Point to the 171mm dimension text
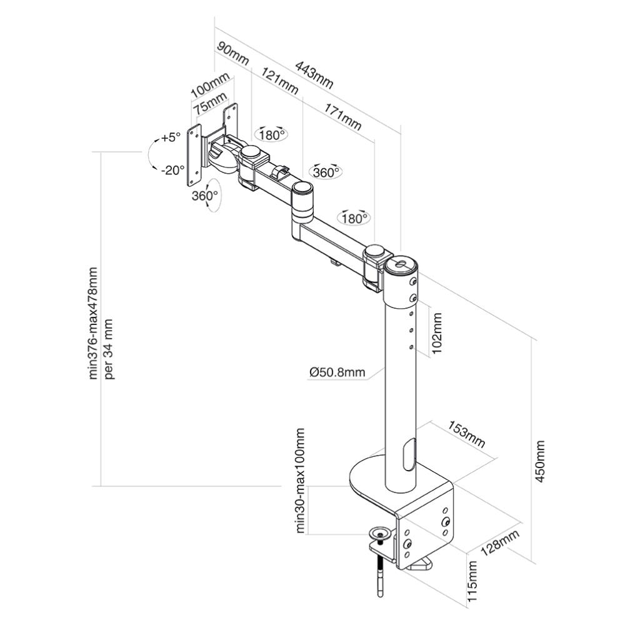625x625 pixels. pos(342,116)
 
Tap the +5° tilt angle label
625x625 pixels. pos(169,137)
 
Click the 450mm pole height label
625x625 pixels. pos(541,461)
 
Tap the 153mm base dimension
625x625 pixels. pos(466,435)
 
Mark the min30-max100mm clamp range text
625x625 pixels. pos(301,481)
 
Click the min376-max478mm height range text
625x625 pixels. pos(93,322)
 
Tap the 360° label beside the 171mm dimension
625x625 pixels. pos(326,172)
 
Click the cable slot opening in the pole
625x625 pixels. pos(408,454)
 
